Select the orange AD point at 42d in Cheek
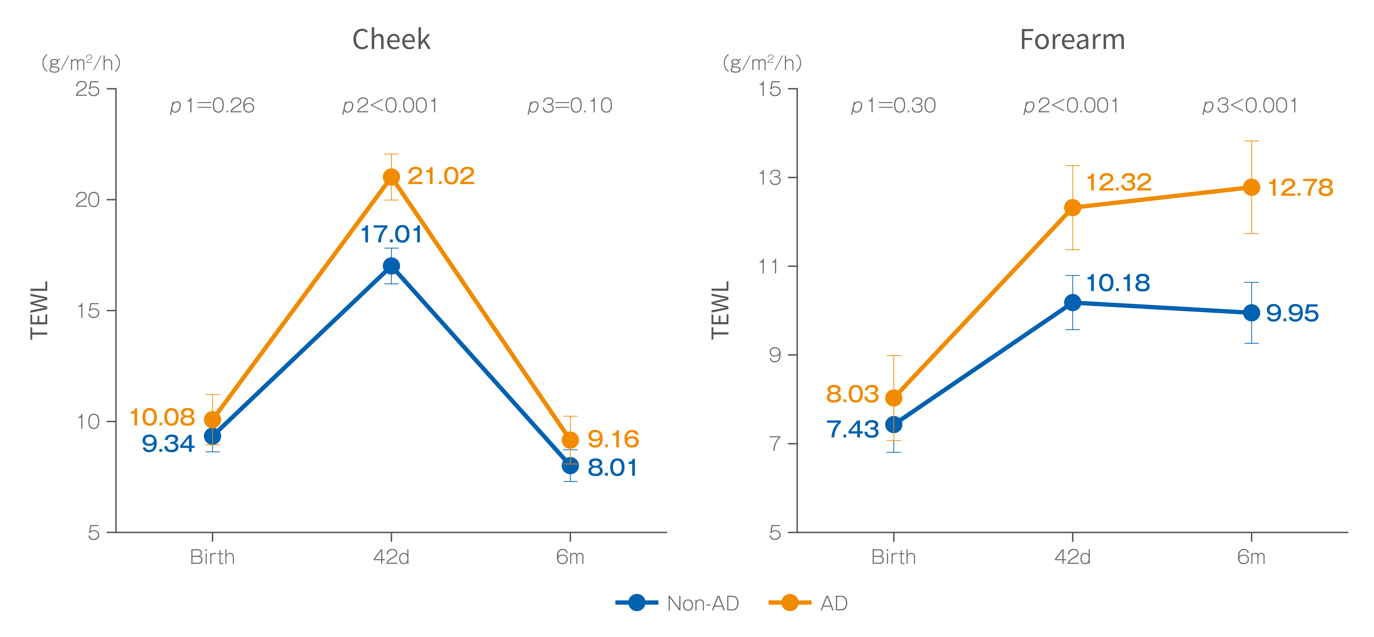pyautogui.click(x=392, y=177)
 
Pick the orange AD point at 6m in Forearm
pyautogui.click(x=1251, y=187)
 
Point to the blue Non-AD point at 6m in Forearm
pyautogui.click(x=1251, y=313)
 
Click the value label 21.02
pyautogui.click(x=441, y=176)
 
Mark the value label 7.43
pyautogui.click(x=852, y=429)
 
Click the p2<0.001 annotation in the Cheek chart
pyautogui.click(x=390, y=106)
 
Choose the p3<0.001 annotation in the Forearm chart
pyautogui.click(x=1250, y=106)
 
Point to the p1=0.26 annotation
pyautogui.click(x=212, y=106)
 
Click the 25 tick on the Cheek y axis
pyautogui.click(x=88, y=89)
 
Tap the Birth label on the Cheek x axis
pyautogui.click(x=212, y=557)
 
